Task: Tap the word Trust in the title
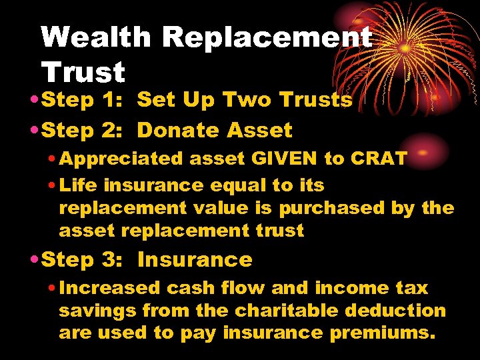point(83,72)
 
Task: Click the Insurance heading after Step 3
point(195,259)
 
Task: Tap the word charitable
point(275,311)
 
